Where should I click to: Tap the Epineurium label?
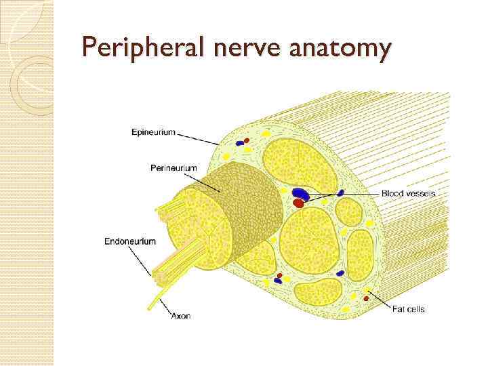click(152, 133)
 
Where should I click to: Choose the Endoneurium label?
click(129, 241)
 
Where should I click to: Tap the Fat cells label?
click(408, 309)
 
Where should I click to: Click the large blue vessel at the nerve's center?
click(301, 195)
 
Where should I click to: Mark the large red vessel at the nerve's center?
click(298, 203)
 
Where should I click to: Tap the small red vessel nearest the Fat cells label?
click(367, 296)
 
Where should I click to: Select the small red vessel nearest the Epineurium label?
click(246, 141)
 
